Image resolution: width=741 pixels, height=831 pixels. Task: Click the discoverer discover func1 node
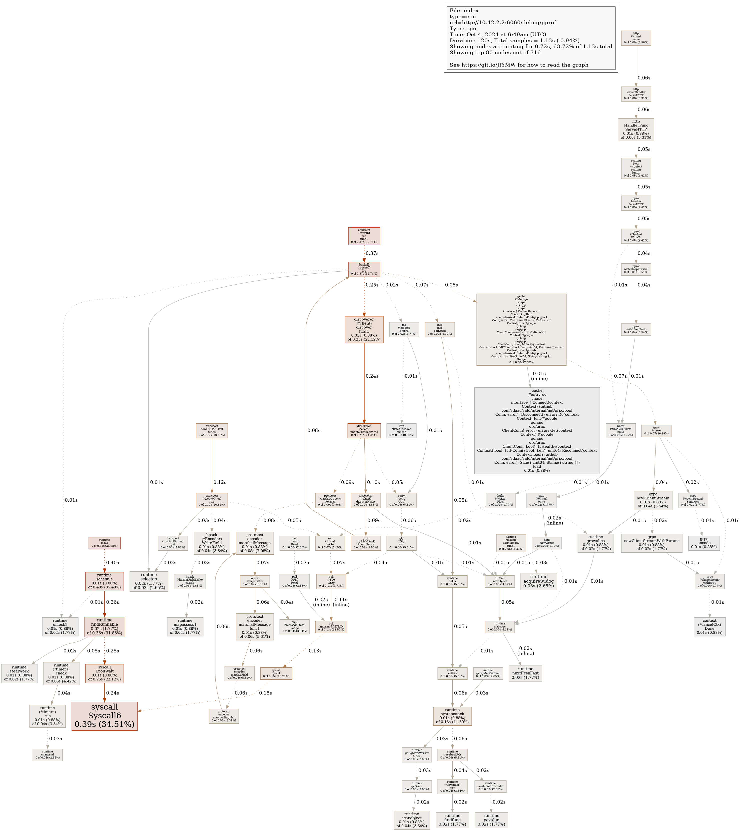[x=364, y=330]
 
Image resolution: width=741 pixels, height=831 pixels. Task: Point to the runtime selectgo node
[x=149, y=581]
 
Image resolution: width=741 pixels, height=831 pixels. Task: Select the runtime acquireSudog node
[x=539, y=581]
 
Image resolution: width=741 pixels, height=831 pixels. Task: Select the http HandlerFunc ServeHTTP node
[x=636, y=130]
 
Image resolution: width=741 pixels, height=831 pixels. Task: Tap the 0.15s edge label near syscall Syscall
[x=265, y=692]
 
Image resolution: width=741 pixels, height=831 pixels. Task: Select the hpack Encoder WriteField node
[x=212, y=543]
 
